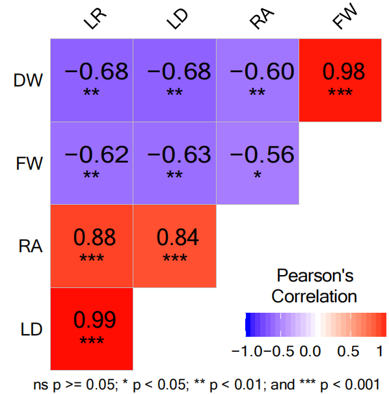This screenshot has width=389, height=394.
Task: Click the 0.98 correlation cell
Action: click(340, 81)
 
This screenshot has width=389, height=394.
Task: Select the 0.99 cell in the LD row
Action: click(92, 329)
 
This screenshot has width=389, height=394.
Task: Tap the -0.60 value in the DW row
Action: click(262, 72)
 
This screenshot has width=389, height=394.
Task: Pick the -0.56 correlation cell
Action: click(258, 163)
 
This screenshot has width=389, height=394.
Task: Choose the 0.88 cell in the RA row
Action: click(92, 246)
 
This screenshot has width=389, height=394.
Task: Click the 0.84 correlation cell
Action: click(175, 246)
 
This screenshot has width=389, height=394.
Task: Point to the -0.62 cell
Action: click(92, 163)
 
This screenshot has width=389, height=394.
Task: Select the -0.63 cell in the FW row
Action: click(175, 163)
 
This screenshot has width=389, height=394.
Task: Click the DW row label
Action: click(28, 81)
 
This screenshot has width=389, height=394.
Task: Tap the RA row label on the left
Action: click(31, 246)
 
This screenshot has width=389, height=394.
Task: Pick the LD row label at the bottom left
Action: click(31, 329)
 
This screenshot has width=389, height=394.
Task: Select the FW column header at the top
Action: click(345, 16)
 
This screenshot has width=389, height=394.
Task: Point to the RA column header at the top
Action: click(262, 18)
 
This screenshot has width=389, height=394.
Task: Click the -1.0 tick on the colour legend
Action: click(247, 351)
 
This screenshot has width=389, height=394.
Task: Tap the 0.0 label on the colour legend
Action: click(310, 351)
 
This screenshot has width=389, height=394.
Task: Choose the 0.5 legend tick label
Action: click(348, 351)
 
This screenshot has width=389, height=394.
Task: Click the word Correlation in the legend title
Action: click(314, 296)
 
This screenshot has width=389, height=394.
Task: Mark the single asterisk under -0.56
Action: click(258, 174)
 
